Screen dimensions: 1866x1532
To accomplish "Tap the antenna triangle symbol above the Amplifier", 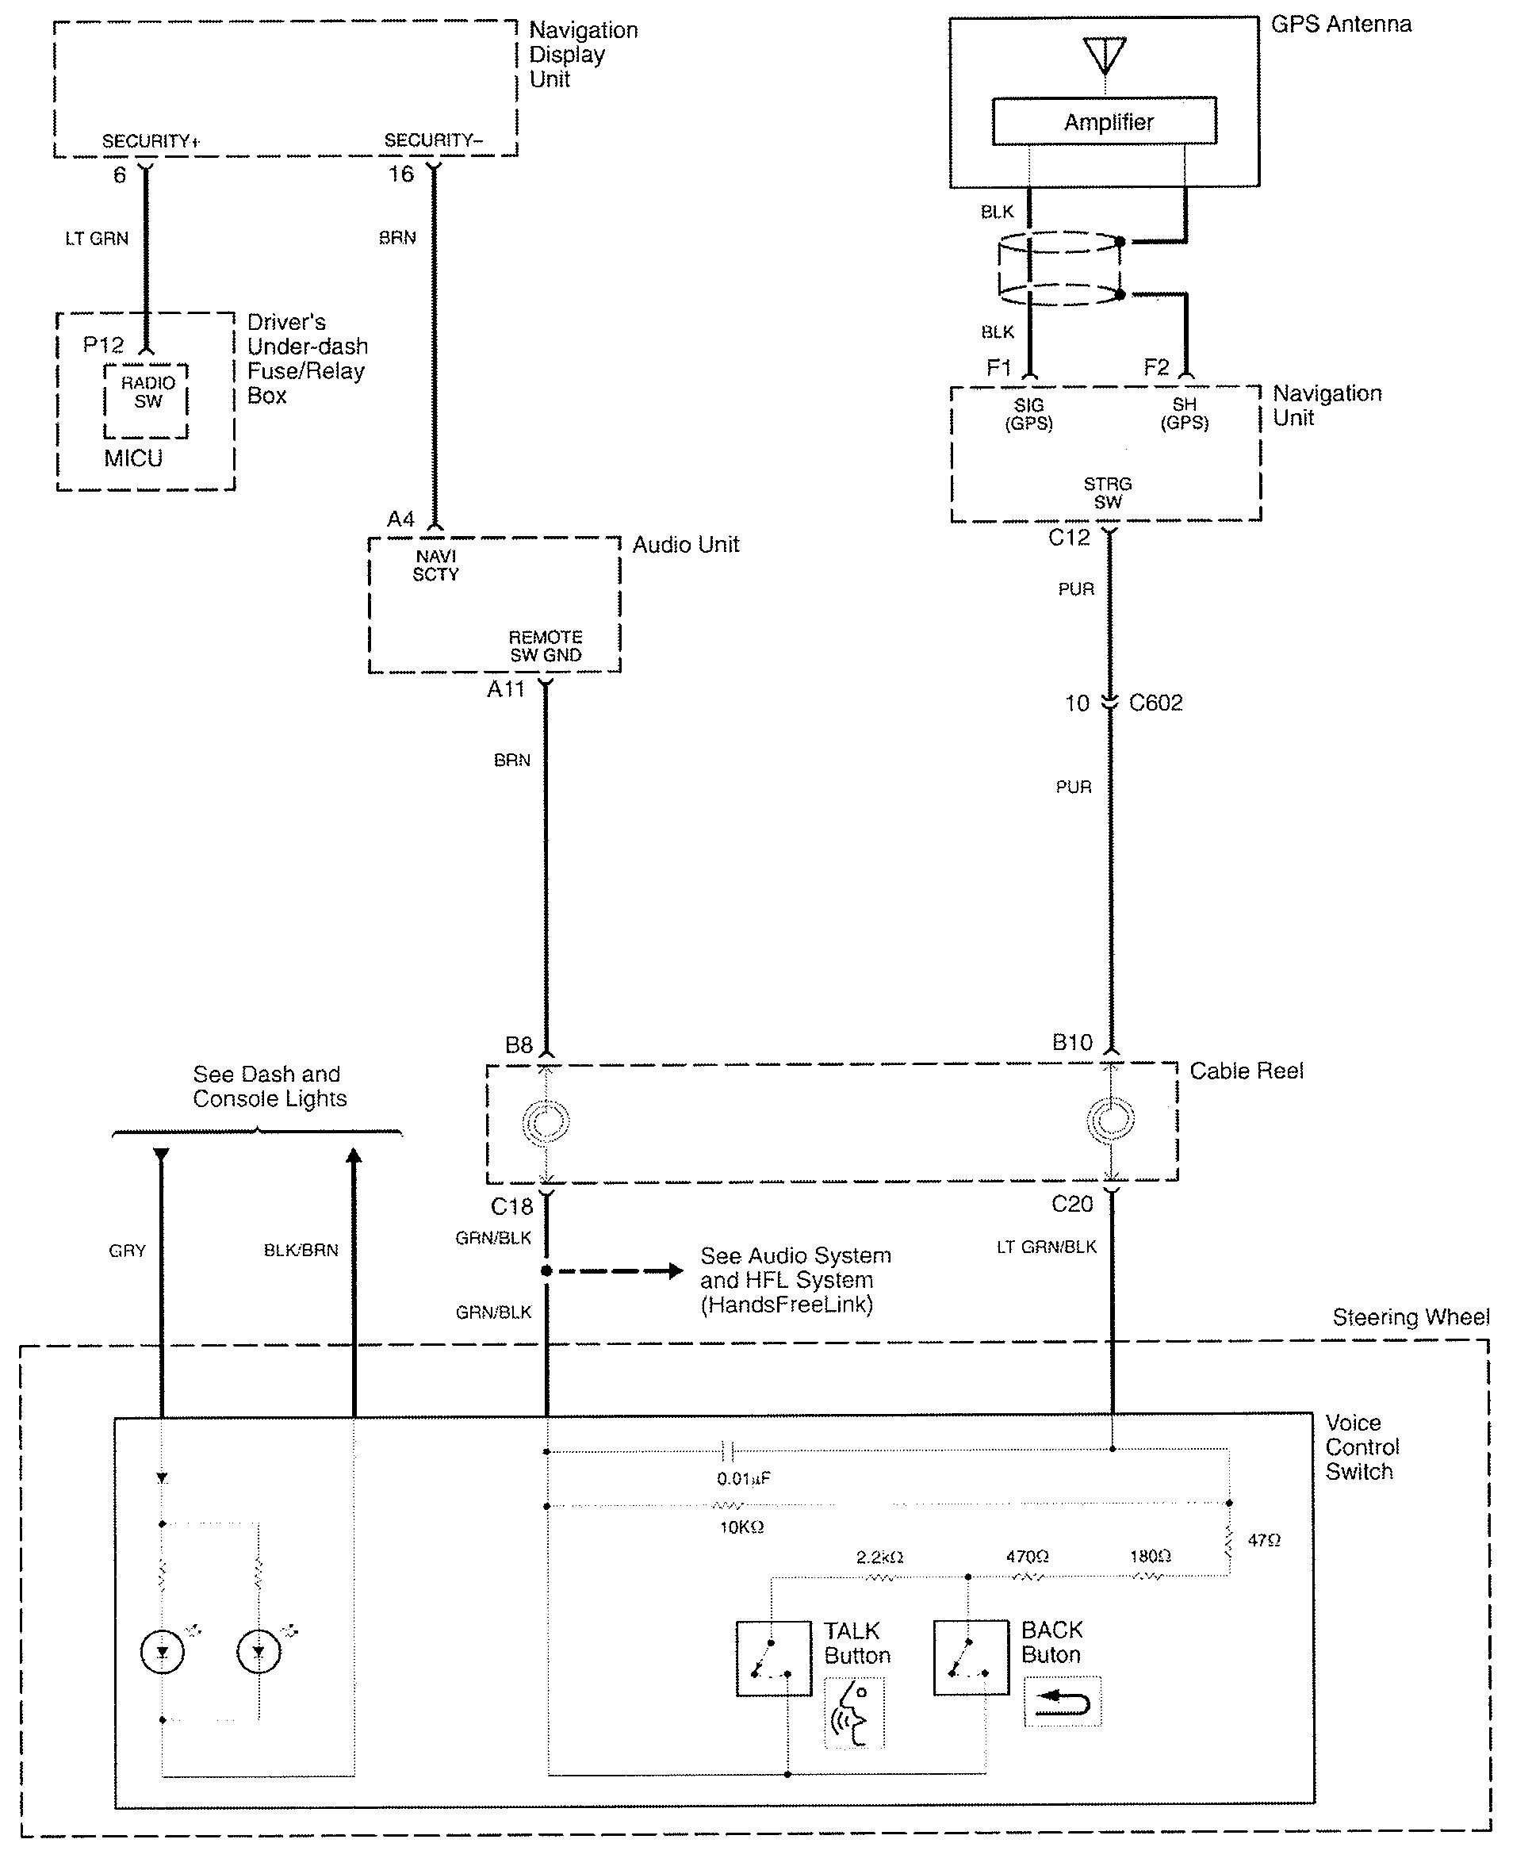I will [x=1105, y=55].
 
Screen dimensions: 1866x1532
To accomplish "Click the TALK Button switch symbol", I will [x=773, y=1657].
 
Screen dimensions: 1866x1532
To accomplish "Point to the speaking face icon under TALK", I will [x=853, y=1713].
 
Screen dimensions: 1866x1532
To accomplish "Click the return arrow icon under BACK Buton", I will [x=1063, y=1701].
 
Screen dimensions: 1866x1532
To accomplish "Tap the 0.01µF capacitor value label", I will [x=743, y=1477].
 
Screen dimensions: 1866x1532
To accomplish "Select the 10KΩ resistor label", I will [x=741, y=1527].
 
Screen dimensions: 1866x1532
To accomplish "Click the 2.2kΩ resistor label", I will [x=879, y=1557].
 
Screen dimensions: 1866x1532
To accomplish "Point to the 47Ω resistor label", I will [x=1264, y=1539].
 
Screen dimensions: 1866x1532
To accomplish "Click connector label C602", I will [x=1155, y=703].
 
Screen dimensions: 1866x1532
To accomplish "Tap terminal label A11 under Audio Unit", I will [x=506, y=689].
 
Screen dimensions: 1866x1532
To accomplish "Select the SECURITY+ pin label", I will [x=151, y=141].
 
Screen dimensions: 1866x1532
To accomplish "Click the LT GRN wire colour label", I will [x=97, y=239].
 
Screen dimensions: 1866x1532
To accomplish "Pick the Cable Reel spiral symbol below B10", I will [x=1110, y=1119].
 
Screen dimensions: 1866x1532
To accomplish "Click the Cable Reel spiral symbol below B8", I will [x=546, y=1122].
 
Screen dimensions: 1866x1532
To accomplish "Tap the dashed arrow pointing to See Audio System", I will [x=618, y=1271].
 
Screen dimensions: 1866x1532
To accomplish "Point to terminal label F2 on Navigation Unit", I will [x=1156, y=367].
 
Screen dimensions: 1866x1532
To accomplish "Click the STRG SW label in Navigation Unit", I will [x=1108, y=492].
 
